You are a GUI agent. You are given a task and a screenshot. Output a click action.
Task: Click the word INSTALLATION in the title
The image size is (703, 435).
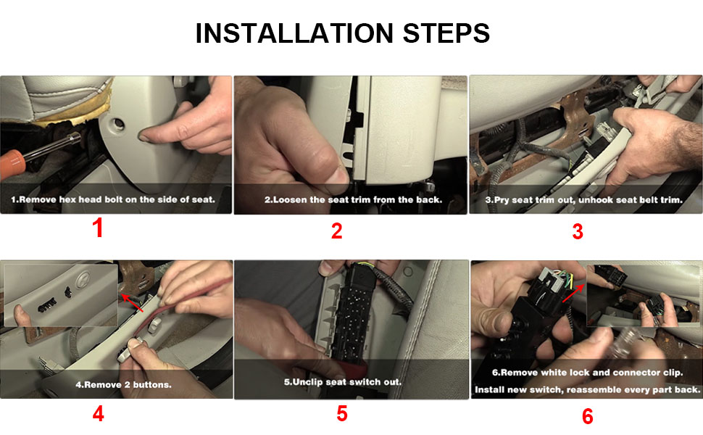tap(294, 33)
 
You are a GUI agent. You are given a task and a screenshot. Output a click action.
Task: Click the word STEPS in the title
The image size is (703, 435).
tap(446, 33)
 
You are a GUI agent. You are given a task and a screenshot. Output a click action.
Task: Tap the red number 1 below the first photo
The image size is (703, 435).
tap(98, 228)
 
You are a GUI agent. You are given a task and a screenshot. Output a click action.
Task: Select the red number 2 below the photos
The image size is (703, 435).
tap(337, 231)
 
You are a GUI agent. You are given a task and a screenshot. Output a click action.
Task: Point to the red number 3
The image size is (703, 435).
tap(578, 231)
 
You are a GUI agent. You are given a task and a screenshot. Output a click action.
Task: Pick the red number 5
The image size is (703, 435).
tap(341, 413)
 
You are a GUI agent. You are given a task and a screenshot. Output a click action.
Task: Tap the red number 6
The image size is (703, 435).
tap(587, 416)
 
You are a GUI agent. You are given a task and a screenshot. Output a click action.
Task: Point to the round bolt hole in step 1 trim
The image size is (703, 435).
tap(119, 123)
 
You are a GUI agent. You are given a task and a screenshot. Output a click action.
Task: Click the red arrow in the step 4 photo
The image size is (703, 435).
tap(132, 303)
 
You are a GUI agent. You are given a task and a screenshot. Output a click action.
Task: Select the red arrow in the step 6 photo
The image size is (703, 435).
tap(573, 293)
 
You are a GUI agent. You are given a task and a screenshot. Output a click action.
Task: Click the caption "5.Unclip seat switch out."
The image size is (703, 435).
tap(343, 382)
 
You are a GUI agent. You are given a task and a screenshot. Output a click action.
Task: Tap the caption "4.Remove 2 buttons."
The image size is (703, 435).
tap(123, 385)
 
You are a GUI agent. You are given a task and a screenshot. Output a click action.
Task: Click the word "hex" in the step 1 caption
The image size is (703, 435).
tap(67, 199)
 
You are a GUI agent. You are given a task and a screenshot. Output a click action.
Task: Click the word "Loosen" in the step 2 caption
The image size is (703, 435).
tap(288, 200)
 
